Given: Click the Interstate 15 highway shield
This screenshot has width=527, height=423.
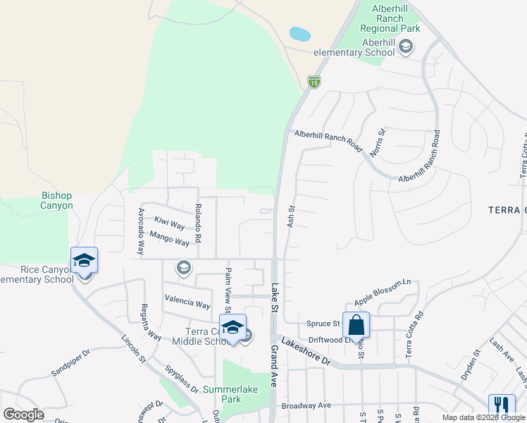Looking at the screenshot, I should point(314,82).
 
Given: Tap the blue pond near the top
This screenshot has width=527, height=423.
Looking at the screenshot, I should point(299,34).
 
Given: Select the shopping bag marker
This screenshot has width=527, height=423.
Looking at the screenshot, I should point(356,325).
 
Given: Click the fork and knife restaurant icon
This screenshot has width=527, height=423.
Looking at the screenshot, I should point(502,405).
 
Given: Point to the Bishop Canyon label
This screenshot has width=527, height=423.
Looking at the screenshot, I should point(57,200).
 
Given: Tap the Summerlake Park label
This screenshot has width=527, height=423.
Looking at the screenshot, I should point(231,394).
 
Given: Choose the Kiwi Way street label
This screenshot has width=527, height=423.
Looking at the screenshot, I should point(169,224).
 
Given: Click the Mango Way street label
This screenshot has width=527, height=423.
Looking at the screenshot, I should point(169,238).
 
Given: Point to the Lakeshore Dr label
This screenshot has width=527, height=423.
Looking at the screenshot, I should point(306,350).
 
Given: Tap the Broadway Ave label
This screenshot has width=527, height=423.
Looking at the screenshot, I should point(306,406).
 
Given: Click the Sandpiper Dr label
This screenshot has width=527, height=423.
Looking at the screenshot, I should point(70,362).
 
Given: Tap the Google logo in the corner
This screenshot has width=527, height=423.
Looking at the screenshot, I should point(24,415).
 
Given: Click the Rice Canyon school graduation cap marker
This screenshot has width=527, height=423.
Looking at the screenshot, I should point(84,261).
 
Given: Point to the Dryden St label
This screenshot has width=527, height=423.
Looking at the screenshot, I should point(470,365).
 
